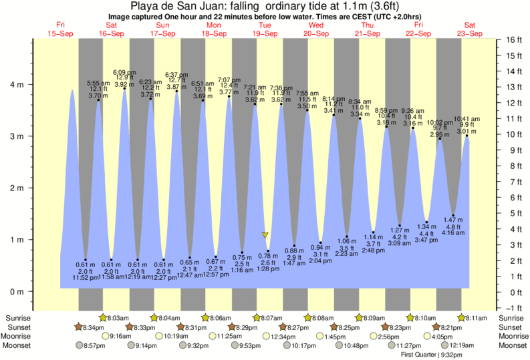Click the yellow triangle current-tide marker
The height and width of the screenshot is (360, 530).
[265, 235]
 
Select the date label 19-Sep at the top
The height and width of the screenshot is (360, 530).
[265, 33]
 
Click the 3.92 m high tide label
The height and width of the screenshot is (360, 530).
[124, 85]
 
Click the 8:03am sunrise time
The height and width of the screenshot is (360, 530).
[117, 318]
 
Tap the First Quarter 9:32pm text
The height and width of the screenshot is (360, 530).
[430, 355]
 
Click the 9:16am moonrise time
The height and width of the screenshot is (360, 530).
[121, 336]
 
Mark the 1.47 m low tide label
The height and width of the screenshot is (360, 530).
[453, 219]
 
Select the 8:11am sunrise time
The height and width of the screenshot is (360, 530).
[477, 318]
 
